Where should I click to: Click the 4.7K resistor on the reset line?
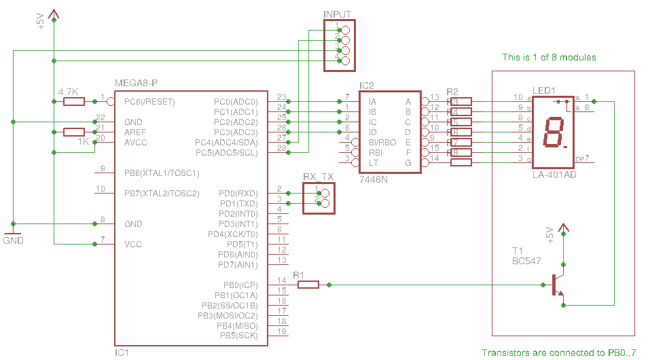click(x=74, y=102)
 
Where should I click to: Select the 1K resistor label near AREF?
click(x=83, y=141)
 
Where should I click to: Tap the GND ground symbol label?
click(x=13, y=240)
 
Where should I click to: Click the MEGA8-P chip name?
click(x=137, y=83)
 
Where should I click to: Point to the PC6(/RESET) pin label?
click(x=149, y=102)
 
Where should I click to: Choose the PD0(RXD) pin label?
click(x=238, y=194)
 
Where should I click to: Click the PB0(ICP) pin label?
click(x=239, y=285)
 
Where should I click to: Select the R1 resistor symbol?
click(x=308, y=285)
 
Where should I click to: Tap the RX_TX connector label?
click(x=319, y=177)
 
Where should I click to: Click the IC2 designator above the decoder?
click(x=367, y=86)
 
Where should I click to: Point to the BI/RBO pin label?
click(x=382, y=143)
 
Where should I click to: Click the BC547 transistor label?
click(x=526, y=260)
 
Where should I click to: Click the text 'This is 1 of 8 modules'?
click(x=548, y=57)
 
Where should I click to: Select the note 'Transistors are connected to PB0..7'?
click(x=558, y=353)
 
